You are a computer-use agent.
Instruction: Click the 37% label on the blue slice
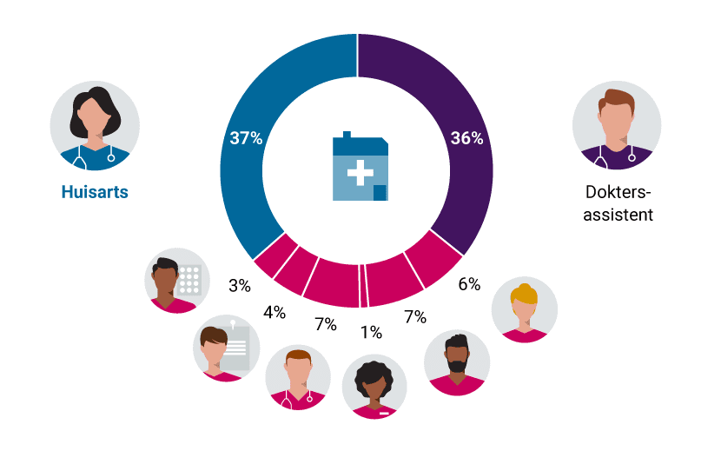point(246,138)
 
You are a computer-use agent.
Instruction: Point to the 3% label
point(240,285)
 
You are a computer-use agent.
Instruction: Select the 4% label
point(275,312)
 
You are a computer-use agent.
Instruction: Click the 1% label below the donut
point(371,332)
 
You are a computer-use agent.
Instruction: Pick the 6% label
point(469,284)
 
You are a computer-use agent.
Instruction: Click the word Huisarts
point(95,192)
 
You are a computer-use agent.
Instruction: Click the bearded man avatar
point(457,362)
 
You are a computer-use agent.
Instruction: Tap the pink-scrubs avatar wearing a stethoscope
point(298,376)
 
